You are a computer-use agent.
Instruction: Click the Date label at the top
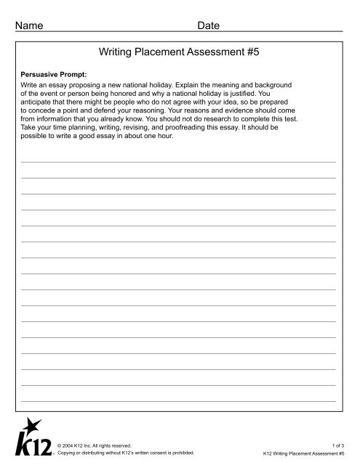click(x=209, y=25)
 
